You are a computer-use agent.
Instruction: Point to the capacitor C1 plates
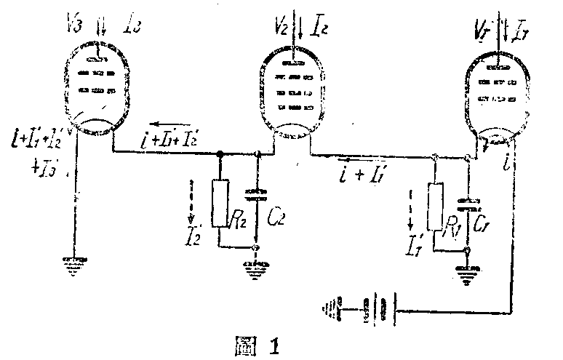pos(469,203)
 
